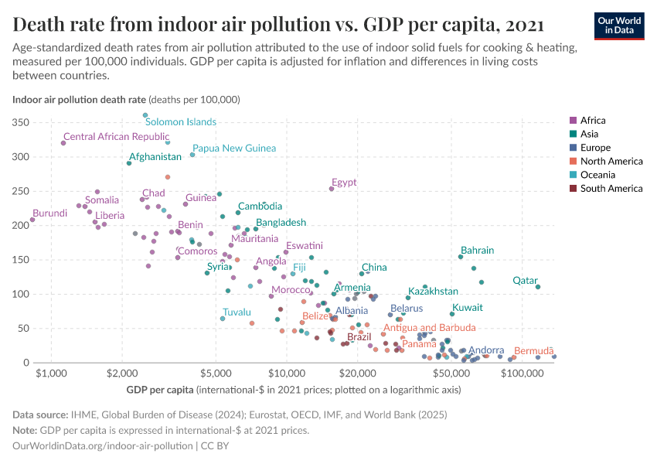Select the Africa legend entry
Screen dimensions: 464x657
pyautogui.click(x=592, y=121)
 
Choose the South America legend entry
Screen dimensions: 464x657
pyautogui.click(x=611, y=189)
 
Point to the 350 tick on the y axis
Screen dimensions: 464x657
pyautogui.click(x=21, y=123)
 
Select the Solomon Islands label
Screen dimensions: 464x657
pyautogui.click(x=181, y=122)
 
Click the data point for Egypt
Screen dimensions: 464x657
pyautogui.click(x=332, y=189)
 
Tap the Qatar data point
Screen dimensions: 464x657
pyautogui.click(x=538, y=287)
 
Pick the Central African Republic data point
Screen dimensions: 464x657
pyautogui.click(x=63, y=143)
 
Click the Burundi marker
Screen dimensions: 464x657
pyautogui.click(x=32, y=220)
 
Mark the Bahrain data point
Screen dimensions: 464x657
pyautogui.click(x=461, y=257)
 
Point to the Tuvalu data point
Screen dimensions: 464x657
pyautogui.click(x=223, y=319)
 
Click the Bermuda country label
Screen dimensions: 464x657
pyautogui.click(x=534, y=350)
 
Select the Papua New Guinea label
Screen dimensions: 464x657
pyautogui.click(x=234, y=148)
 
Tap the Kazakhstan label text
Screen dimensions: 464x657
pyautogui.click(x=433, y=292)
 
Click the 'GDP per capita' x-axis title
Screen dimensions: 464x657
pyautogui.click(x=160, y=390)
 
